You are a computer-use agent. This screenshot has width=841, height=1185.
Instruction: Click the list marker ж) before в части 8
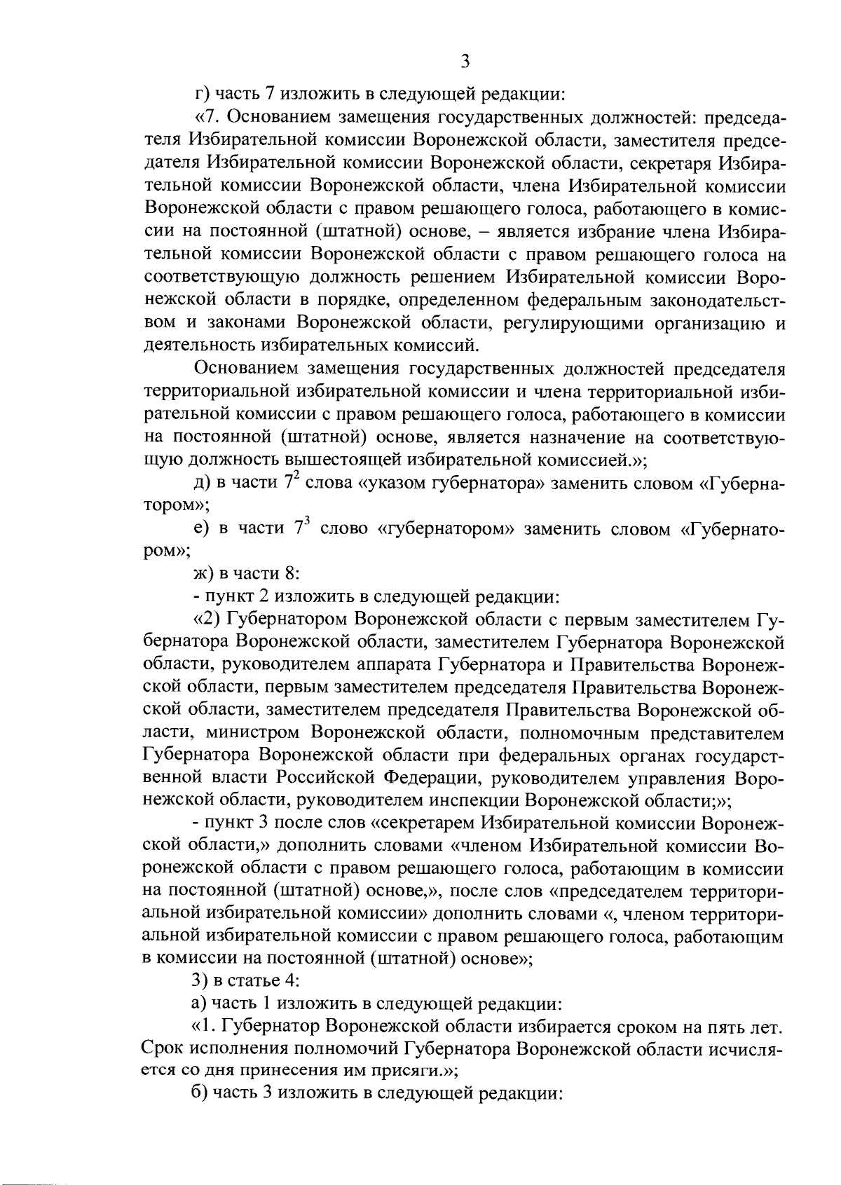[204, 574]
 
